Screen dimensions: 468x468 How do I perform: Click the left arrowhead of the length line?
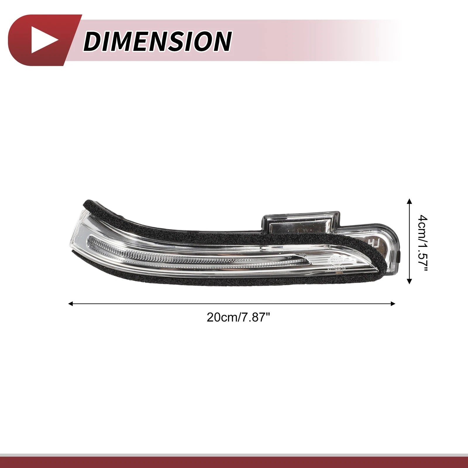(70, 304)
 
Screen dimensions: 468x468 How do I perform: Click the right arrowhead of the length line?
(393, 304)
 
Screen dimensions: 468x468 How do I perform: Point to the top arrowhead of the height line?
(409, 201)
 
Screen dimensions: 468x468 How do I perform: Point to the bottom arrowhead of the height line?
(409, 281)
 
